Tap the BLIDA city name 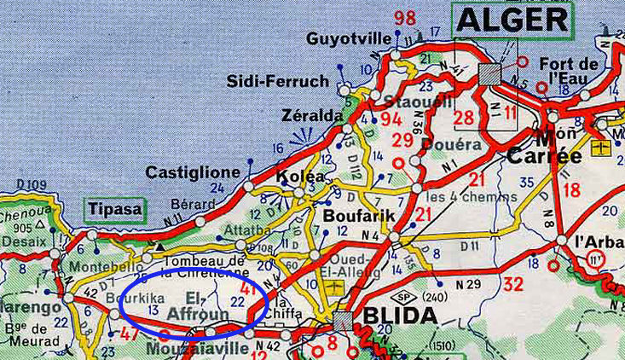pos(400,316)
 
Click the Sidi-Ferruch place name pos(277,81)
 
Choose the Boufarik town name pos(358,217)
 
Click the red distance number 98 pos(405,18)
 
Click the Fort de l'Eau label pos(570,71)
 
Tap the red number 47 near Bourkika pos(130,334)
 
